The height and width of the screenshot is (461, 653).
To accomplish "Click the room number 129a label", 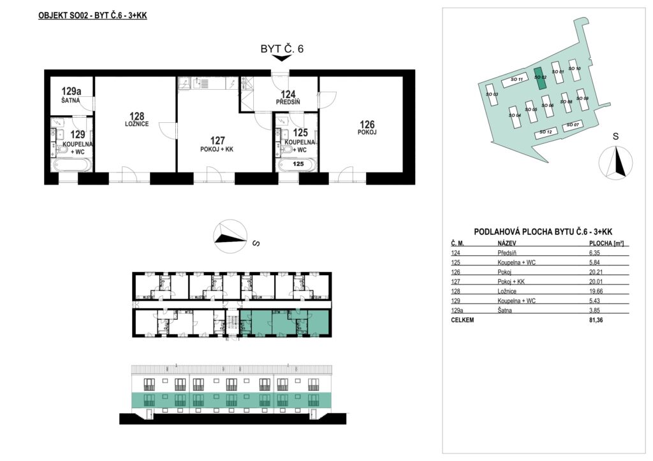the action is (x=71, y=91).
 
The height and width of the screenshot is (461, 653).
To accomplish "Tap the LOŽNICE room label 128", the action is (x=136, y=119).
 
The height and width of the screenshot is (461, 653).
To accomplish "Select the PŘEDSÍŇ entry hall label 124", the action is (x=288, y=97).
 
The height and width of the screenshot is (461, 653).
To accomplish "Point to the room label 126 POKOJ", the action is (x=367, y=127).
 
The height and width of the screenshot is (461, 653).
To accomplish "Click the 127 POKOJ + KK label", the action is (x=217, y=145).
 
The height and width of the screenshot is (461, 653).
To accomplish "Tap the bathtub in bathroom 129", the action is (x=71, y=165).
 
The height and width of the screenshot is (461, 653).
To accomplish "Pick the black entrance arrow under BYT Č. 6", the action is (x=282, y=58).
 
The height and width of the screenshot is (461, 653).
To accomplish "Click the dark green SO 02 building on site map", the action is (x=540, y=78).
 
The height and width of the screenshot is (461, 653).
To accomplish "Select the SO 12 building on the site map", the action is (x=546, y=132).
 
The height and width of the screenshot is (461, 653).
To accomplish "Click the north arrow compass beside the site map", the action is (x=615, y=162).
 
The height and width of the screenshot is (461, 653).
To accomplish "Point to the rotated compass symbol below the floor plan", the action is (x=230, y=236).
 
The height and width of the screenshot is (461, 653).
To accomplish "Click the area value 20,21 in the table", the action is (x=596, y=273).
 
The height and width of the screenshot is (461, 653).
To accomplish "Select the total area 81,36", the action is (x=596, y=320).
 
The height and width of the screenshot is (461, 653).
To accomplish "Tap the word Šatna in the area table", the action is (x=505, y=311).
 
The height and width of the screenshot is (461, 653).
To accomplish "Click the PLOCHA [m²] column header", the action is (x=606, y=244).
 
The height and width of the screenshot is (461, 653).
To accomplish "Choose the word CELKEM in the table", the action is (x=462, y=320).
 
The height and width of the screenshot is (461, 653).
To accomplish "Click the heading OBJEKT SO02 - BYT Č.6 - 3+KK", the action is (x=92, y=16).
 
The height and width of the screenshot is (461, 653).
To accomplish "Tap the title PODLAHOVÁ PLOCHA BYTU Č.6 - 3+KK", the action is (x=543, y=232).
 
